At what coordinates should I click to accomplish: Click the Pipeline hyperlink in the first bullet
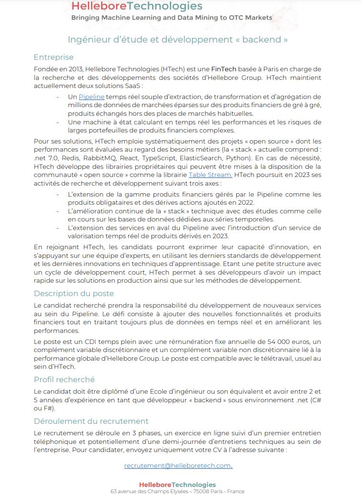click(x=91, y=97)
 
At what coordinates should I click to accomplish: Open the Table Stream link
click(x=210, y=175)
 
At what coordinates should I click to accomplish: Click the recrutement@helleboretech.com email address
click(x=177, y=465)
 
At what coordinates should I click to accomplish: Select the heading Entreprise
click(x=54, y=57)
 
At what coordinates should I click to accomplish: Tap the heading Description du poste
click(x=74, y=293)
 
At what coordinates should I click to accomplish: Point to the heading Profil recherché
click(x=64, y=379)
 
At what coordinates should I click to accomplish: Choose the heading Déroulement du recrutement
click(x=91, y=421)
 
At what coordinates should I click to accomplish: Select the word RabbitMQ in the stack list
click(x=122, y=158)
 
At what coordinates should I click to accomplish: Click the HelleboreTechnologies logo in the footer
click(x=177, y=485)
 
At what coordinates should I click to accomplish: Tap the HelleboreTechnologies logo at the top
click(x=137, y=6)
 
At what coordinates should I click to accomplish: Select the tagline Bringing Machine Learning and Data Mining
click(x=171, y=18)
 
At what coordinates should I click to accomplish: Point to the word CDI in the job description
click(x=86, y=342)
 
